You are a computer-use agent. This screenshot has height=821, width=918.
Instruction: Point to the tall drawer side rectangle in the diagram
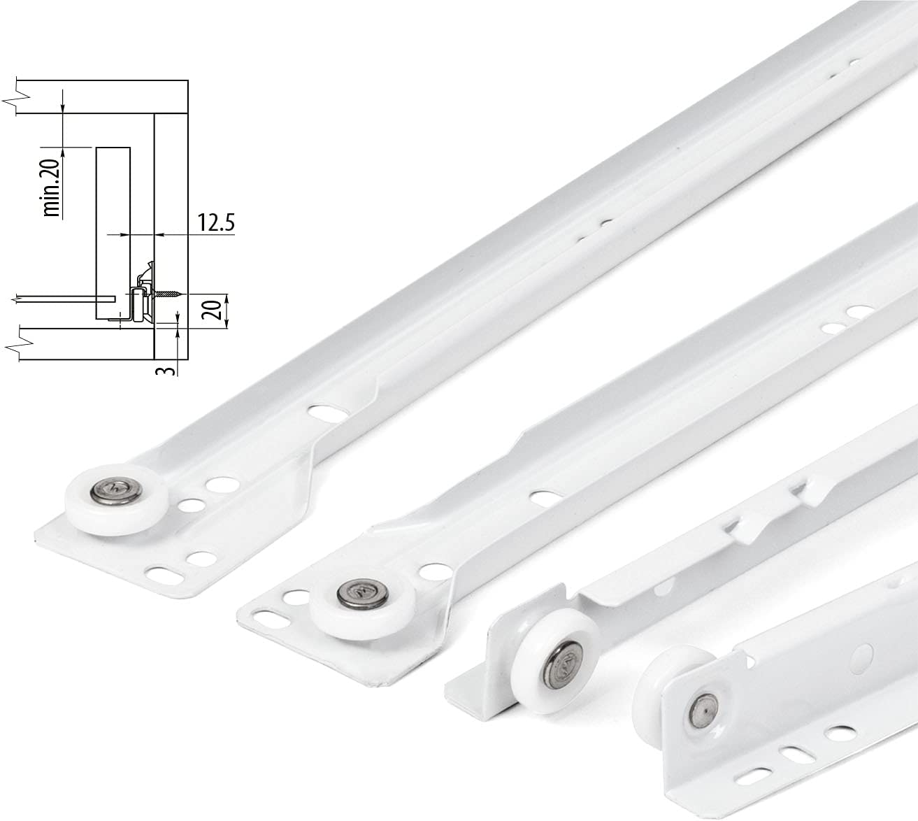tap(113, 231)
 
